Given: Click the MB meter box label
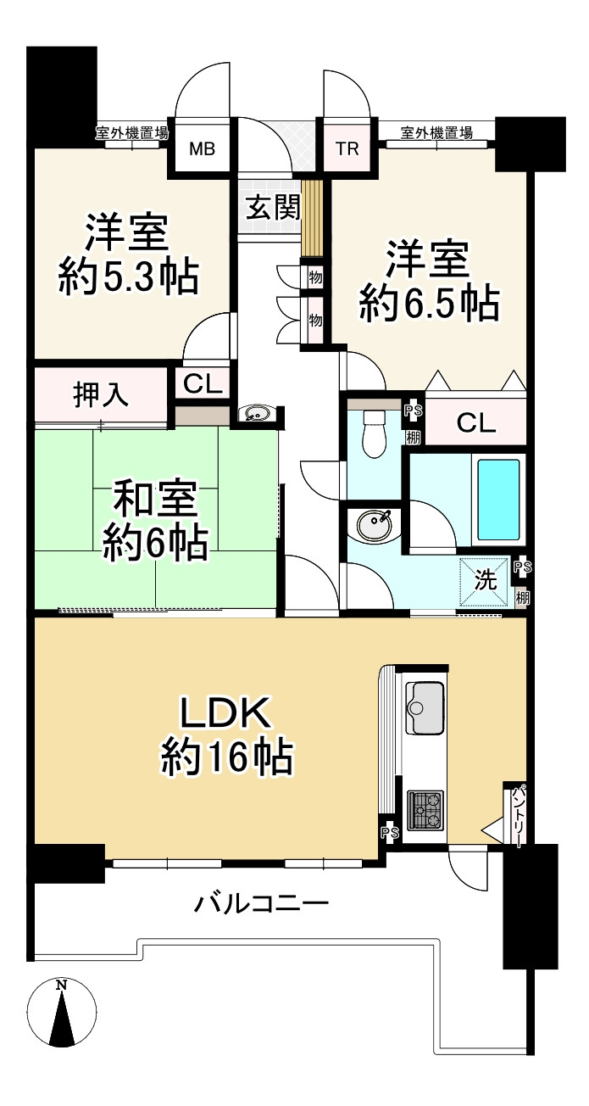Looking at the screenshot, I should pyautogui.click(x=202, y=150).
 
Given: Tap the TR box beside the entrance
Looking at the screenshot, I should pyautogui.click(x=347, y=150).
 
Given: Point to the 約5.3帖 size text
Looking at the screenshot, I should pyautogui.click(x=128, y=278).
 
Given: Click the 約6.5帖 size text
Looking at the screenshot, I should pyautogui.click(x=428, y=304).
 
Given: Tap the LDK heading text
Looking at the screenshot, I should pyautogui.click(x=226, y=713).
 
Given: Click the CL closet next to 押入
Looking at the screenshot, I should pyautogui.click(x=203, y=384).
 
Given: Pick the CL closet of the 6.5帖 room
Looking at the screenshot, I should pyautogui.click(x=475, y=423).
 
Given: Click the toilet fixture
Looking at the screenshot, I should pyautogui.click(x=373, y=434).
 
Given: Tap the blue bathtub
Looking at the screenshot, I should pyautogui.click(x=497, y=500).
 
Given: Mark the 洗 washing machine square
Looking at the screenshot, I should pyautogui.click(x=485, y=582).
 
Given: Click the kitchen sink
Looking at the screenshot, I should pyautogui.click(x=425, y=708).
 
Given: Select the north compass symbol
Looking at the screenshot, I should pyautogui.click(x=61, y=1013).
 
